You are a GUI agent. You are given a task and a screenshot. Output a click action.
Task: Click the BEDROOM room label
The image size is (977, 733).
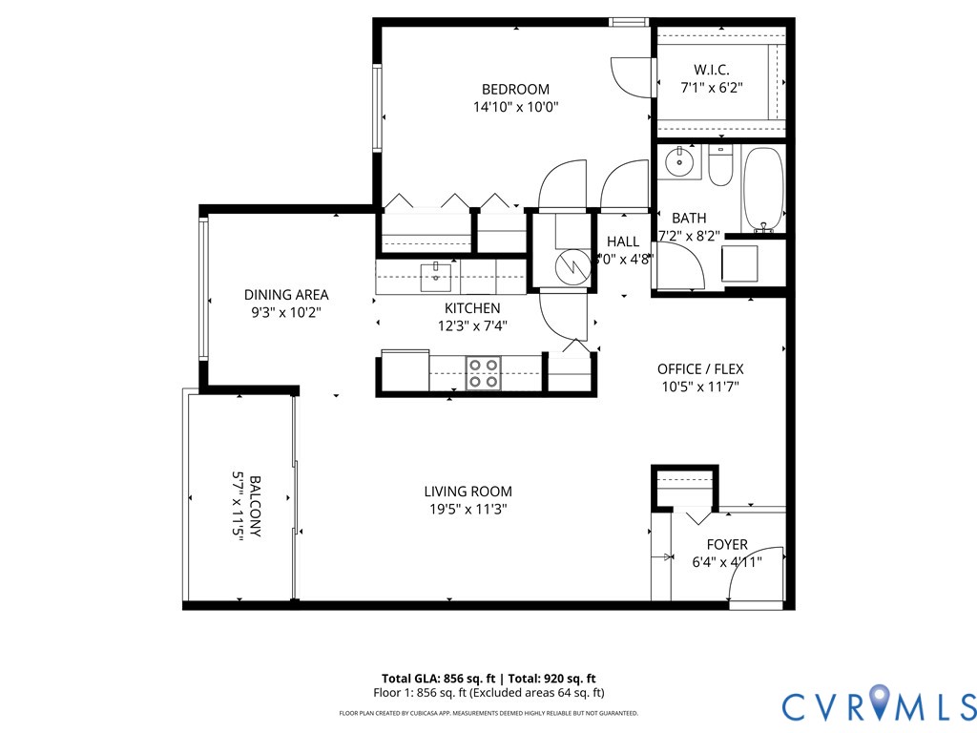[515, 90]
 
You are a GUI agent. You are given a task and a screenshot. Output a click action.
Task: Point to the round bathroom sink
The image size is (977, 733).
[679, 162]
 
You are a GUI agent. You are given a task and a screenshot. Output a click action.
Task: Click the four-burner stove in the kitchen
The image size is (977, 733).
[484, 372]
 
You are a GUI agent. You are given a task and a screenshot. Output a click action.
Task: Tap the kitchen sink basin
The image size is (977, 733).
[435, 277]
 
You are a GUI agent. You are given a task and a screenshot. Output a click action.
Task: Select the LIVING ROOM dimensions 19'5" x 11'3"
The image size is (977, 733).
[468, 509]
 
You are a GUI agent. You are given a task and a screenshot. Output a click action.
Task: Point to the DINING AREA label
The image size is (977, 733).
[286, 295]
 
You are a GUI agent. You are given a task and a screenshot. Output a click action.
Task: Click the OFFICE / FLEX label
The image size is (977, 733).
[700, 369]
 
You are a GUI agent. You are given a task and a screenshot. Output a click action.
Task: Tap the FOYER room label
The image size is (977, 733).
[727, 545]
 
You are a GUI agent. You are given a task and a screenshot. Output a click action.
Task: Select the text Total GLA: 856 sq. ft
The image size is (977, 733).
[440, 678]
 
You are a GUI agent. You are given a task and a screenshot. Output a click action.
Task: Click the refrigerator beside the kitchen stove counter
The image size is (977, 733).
[405, 369]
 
